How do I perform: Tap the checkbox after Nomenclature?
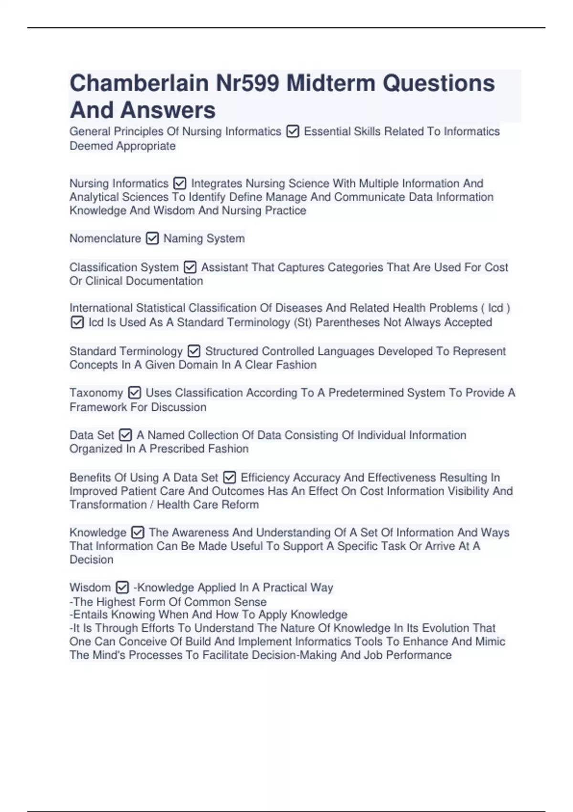(152, 238)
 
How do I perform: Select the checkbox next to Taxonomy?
(135, 393)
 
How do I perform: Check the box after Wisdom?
(122, 587)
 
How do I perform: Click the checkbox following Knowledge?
(138, 532)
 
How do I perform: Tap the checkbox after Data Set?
(125, 435)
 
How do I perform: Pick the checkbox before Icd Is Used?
(77, 322)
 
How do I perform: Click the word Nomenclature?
(105, 238)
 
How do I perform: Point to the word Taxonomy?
(96, 393)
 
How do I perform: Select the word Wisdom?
(90, 587)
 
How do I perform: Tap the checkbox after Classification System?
(190, 267)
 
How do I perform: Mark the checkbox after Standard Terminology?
(194, 352)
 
